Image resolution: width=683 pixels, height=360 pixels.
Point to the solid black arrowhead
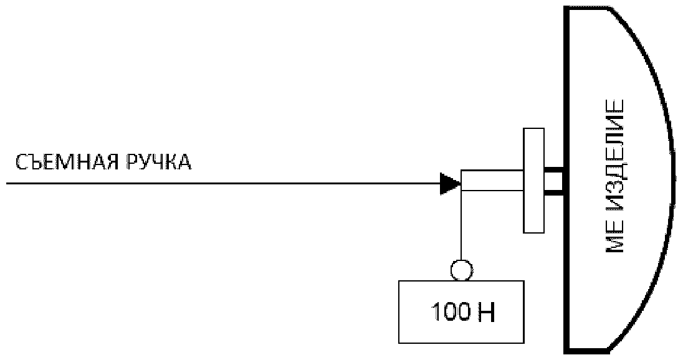(x=449, y=183)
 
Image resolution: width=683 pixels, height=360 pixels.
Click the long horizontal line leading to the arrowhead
(x=218, y=184)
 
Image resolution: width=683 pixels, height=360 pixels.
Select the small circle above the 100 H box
(x=461, y=270)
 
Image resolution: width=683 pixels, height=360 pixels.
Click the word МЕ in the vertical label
(x=615, y=239)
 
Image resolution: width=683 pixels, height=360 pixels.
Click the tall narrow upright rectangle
(x=533, y=181)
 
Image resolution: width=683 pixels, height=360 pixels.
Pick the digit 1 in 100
(x=434, y=312)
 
